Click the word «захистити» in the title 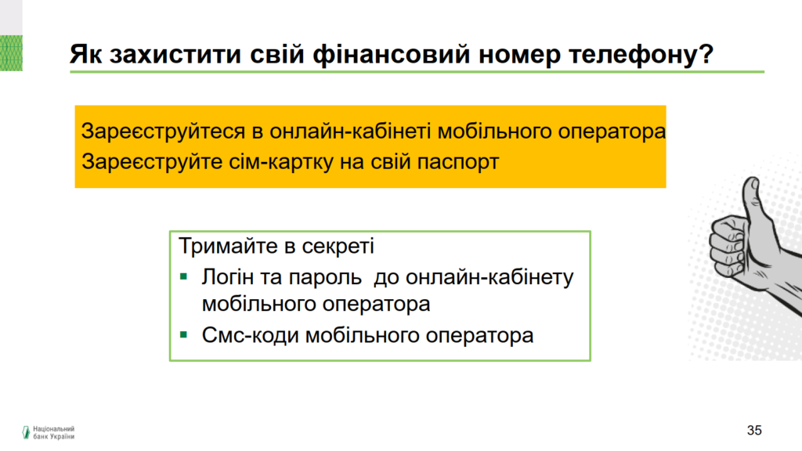[x=175, y=54]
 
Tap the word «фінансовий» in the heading [x=392, y=54]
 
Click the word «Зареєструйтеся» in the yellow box [x=163, y=132]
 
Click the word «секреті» [x=338, y=247]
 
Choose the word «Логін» [x=228, y=277]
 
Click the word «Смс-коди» [x=250, y=336]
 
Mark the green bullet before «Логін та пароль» [x=183, y=277]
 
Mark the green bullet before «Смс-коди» [x=183, y=335]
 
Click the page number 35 [x=754, y=431]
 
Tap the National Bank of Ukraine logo [x=49, y=432]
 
